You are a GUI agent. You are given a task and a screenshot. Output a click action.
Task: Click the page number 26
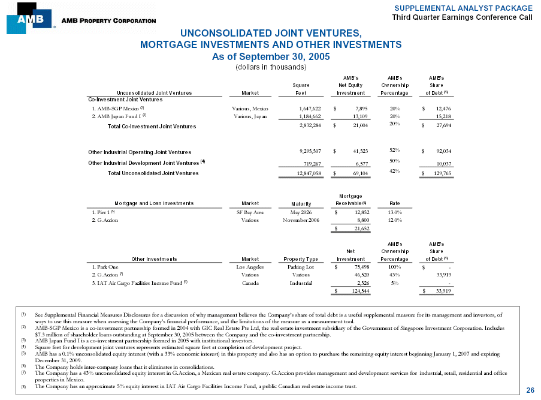point(530,390)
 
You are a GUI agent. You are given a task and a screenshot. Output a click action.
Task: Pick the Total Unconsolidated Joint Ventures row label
point(153,173)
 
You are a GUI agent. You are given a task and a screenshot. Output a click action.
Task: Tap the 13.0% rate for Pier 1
point(394,212)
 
